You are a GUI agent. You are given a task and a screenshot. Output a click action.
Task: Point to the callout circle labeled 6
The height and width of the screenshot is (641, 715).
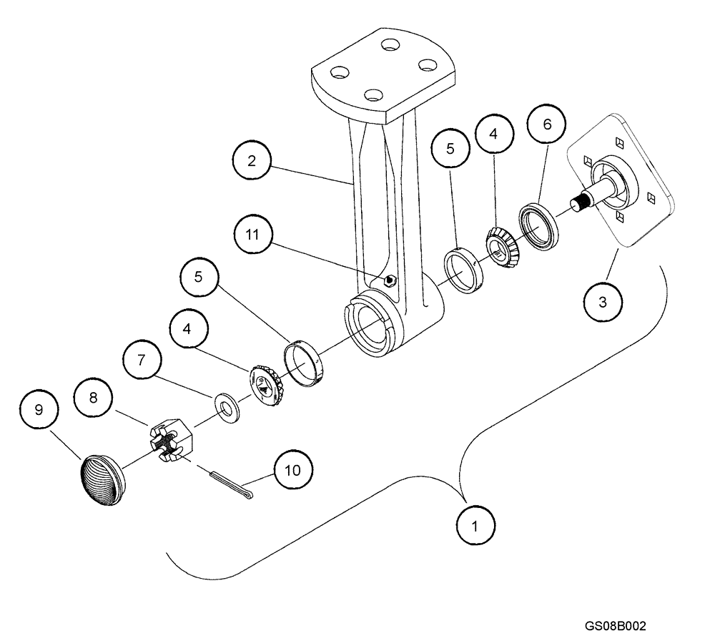pos(547,124)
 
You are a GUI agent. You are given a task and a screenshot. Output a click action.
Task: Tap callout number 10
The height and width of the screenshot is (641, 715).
pos(293,469)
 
